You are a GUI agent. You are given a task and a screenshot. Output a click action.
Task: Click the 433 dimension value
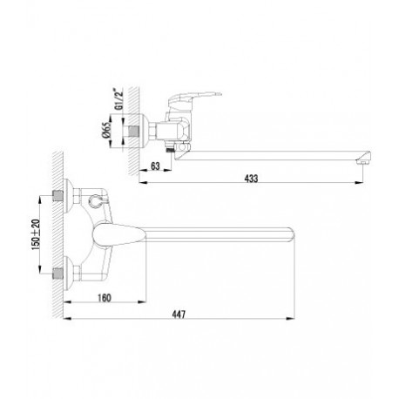click(251, 178)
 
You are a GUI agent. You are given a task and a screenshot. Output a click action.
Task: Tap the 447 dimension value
click(179, 314)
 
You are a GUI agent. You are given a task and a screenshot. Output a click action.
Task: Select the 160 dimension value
click(105, 298)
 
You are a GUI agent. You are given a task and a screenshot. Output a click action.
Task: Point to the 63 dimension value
click(155, 166)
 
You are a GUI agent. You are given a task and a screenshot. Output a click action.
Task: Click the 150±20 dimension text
click(36, 234)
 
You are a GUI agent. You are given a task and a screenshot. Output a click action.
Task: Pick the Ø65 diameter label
click(107, 131)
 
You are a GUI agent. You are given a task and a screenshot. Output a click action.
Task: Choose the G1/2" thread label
click(119, 98)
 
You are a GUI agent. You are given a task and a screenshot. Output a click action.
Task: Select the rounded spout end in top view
click(291, 234)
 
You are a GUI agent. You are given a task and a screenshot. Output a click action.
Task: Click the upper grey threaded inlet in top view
click(57, 196)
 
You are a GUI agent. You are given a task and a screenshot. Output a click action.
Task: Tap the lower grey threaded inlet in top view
click(57, 274)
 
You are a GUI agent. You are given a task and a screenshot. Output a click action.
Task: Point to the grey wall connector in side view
click(133, 131)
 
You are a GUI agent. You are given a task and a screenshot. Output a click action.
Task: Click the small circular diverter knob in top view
click(94, 200)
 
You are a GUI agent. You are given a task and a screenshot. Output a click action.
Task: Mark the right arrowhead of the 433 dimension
click(359, 183)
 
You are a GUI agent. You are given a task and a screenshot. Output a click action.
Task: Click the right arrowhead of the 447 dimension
click(290, 319)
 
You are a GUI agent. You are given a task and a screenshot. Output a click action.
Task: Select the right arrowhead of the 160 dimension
click(142, 302)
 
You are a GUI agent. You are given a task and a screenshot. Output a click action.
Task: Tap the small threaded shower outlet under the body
click(169, 150)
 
